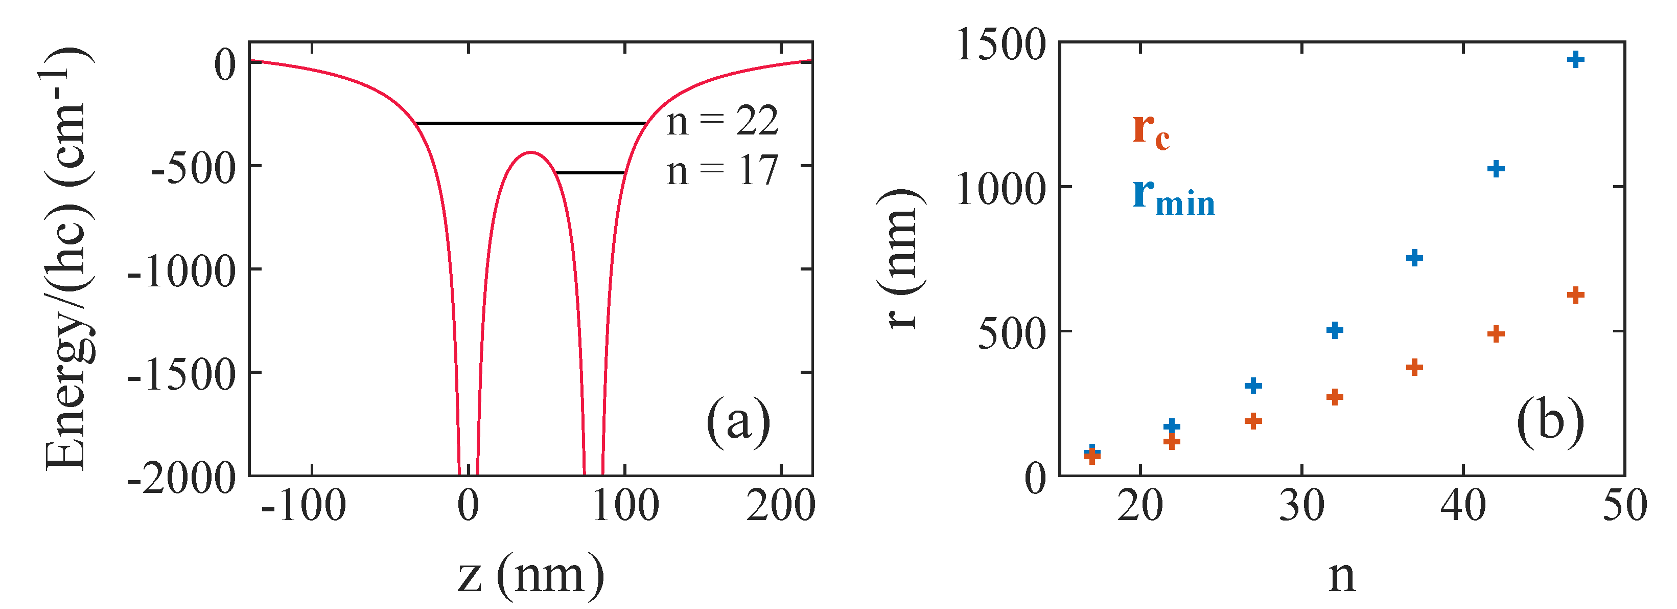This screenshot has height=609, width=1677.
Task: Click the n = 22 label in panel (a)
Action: coord(722,121)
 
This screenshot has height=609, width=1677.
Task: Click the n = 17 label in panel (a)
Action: coord(722,171)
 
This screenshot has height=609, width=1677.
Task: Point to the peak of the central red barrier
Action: coord(531,153)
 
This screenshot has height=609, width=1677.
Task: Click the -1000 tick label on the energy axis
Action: coord(181,271)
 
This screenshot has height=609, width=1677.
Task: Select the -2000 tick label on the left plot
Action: coord(181,479)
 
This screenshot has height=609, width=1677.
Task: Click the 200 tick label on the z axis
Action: coord(780,505)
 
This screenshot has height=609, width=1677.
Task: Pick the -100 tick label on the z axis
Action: coord(304,505)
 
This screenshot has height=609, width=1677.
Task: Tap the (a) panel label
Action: coord(738,422)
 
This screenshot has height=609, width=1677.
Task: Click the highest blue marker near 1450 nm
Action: coord(1575,60)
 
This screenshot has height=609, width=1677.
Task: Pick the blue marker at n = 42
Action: coord(1496,169)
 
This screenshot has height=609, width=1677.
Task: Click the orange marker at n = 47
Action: coord(1575,295)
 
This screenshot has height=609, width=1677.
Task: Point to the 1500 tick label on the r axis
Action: coord(1000,46)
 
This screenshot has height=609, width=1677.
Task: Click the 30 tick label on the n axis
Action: coord(1301,505)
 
